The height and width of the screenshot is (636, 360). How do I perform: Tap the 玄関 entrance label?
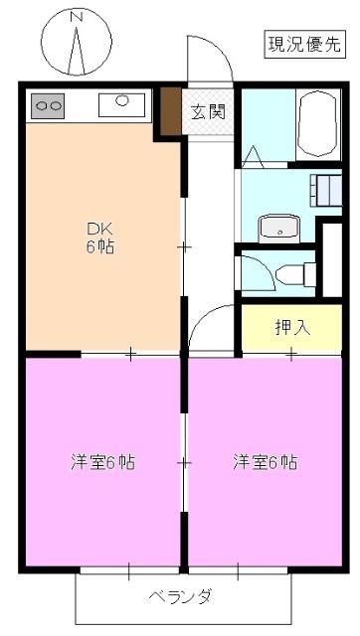209,110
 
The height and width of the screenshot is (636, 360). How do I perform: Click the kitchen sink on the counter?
122,100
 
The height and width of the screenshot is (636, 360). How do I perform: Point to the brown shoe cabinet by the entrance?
171,111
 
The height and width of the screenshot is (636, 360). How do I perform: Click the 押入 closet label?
292,326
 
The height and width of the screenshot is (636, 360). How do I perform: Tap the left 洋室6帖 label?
102,462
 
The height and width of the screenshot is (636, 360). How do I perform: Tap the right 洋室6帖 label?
266,462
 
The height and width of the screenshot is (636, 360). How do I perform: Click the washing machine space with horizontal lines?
326,188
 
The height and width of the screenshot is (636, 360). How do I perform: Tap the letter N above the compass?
79,16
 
